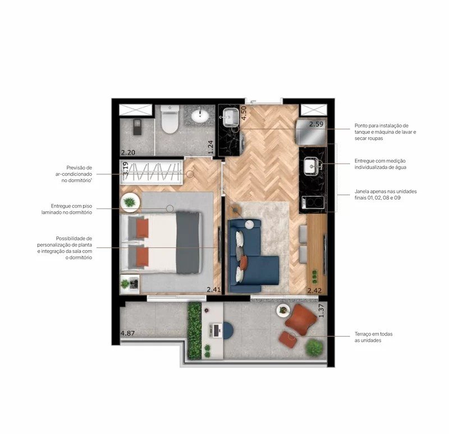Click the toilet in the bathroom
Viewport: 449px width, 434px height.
pos(170,119)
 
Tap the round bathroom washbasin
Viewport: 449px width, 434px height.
pos(200,116)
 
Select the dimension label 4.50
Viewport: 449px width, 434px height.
pos(244,113)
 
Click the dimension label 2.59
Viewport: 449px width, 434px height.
pos(316,124)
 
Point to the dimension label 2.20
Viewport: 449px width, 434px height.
pos(128,152)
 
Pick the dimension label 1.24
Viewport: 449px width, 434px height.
pos(211,147)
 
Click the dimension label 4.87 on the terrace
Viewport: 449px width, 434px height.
pos(127,333)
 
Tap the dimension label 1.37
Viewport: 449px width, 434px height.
pos(321,310)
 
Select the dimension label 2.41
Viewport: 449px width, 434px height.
pos(214,290)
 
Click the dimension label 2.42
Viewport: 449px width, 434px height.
pos(314,291)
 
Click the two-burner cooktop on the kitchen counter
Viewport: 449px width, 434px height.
pos(313,202)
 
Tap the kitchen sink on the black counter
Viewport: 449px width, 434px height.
pos(311,166)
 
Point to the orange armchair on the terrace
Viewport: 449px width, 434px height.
pos(300,319)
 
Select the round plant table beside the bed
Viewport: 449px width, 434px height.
pos(130,202)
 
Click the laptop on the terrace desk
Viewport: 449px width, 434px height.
pos(216,330)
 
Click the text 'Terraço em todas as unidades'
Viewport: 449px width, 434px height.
pos(373,337)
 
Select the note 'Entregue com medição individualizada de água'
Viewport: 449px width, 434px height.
pos(381,164)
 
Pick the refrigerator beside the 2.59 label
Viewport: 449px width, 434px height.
pos(311,132)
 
